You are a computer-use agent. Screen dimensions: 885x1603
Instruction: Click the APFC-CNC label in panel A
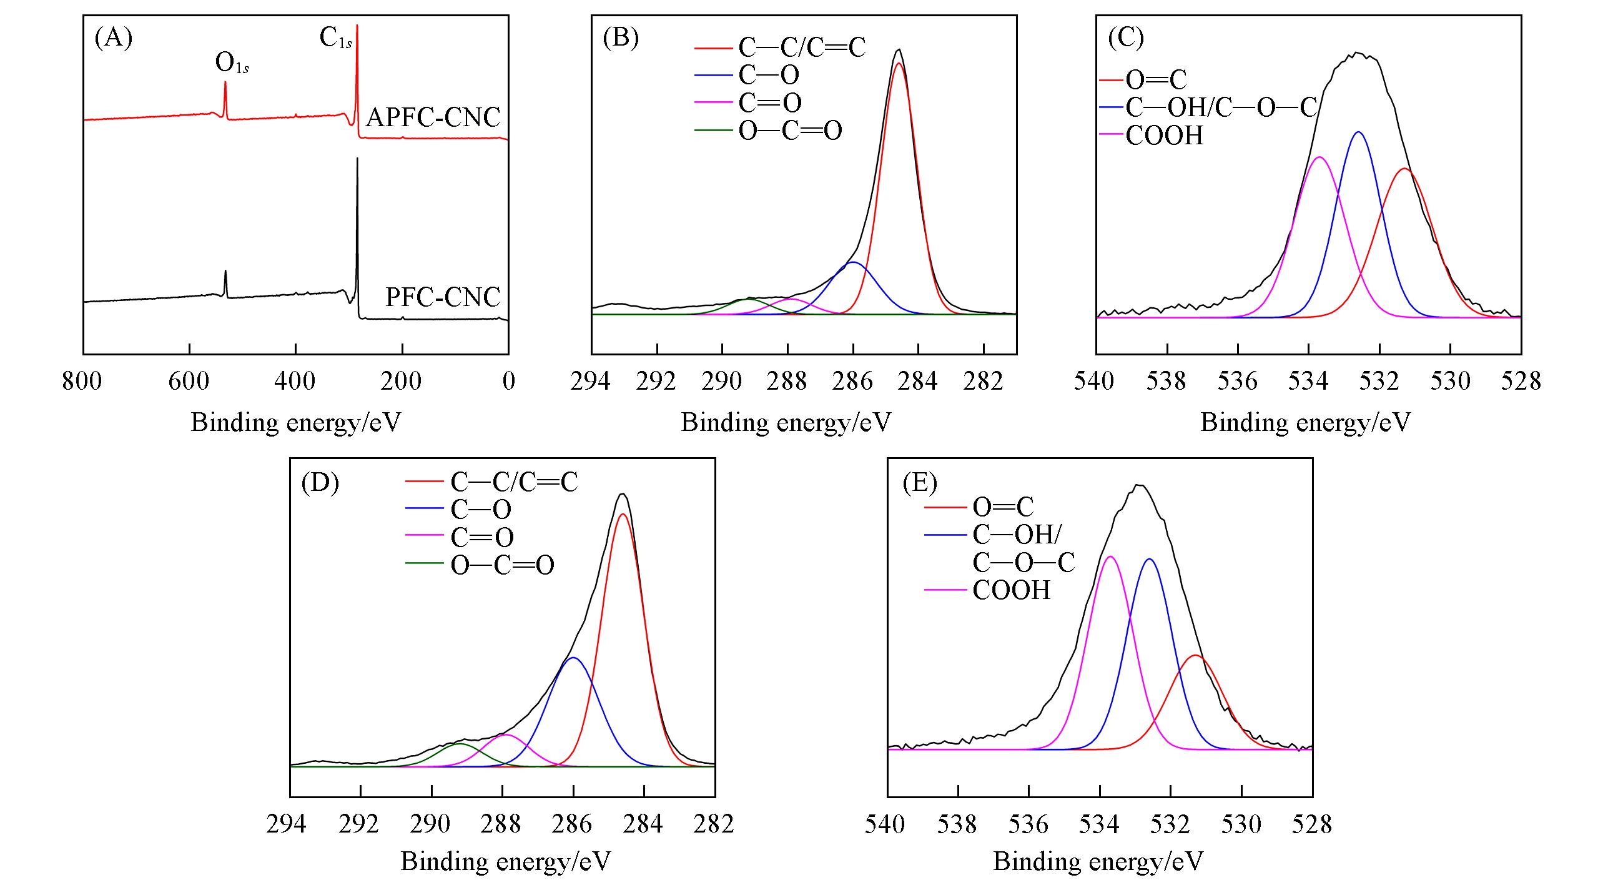(433, 117)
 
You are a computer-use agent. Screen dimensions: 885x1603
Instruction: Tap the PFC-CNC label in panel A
(443, 297)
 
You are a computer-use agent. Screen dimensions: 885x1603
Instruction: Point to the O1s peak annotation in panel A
(232, 64)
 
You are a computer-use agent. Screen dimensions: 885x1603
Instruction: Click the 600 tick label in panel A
(189, 381)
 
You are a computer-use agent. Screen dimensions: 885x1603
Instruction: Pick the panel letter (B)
(621, 38)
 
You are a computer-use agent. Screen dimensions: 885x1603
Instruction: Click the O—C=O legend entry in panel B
(790, 131)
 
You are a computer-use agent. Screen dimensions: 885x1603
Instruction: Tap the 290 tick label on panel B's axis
(723, 381)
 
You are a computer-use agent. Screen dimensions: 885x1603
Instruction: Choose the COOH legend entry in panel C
(1164, 136)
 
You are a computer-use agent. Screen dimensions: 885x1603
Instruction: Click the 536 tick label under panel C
(1238, 381)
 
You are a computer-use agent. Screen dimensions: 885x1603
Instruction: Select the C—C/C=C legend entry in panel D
(514, 482)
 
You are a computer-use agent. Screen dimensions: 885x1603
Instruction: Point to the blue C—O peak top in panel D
(573, 658)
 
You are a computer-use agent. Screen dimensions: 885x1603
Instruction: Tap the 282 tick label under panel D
(714, 824)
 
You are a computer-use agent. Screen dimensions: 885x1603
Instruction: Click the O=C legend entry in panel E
(1003, 507)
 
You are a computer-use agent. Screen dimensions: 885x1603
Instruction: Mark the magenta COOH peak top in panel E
(1110, 556)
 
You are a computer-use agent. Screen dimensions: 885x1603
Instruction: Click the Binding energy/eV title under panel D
(505, 862)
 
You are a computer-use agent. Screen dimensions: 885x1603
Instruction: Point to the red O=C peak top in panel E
(1195, 655)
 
